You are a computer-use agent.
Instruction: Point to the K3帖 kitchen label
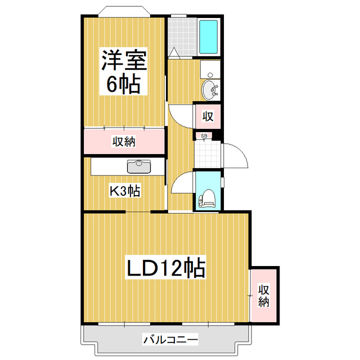coord(124,191)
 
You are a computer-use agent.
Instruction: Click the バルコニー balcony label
coord(170,340)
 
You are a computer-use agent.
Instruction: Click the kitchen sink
coord(138,166)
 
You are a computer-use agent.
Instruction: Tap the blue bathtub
coord(208,38)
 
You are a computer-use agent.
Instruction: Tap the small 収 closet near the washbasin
coord(207,116)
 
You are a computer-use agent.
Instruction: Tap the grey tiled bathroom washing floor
coord(182,37)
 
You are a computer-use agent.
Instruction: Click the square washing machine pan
coord(210,69)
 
